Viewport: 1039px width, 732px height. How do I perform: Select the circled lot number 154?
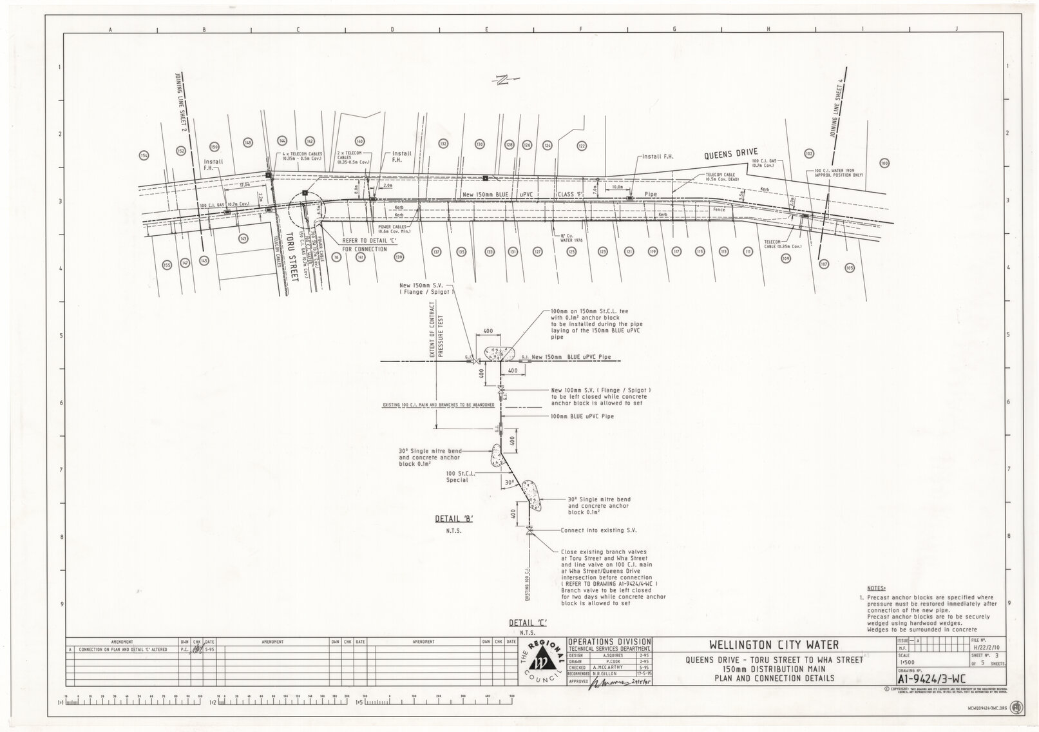coord(144,155)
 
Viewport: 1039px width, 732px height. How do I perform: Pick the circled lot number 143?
coord(243,238)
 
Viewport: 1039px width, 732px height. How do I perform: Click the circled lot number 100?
coord(884,164)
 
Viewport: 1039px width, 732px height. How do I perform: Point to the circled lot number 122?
coord(582,146)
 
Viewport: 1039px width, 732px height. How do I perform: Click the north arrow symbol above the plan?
coord(503,80)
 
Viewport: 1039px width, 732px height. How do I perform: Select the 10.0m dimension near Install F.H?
coord(616,187)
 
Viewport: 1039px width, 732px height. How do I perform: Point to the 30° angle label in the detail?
coord(509,481)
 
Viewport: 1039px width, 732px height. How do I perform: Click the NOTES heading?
coord(877,589)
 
